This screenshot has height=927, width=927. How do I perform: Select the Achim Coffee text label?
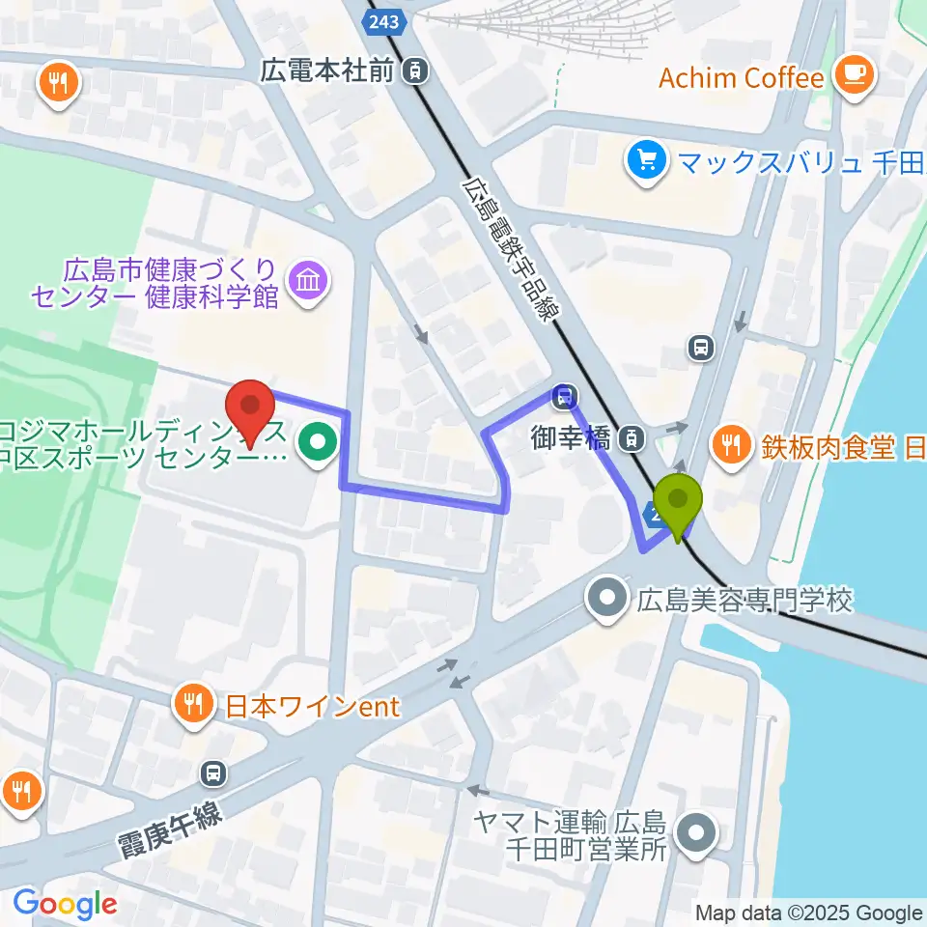point(741,77)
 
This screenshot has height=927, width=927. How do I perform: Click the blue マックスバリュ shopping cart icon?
point(643,158)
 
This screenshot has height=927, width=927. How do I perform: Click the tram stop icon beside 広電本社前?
point(415,70)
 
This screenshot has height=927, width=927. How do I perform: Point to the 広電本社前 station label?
point(331,70)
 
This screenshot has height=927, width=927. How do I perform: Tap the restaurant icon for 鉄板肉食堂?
point(728,445)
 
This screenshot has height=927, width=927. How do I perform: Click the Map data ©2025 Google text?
point(809,912)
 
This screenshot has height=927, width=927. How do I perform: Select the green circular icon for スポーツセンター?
point(317,444)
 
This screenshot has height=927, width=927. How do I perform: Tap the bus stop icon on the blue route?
point(563,395)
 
